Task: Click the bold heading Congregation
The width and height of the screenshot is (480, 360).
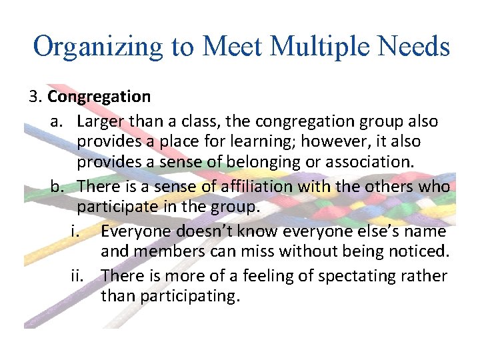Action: point(99,97)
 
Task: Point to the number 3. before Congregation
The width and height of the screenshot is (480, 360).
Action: point(36,97)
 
